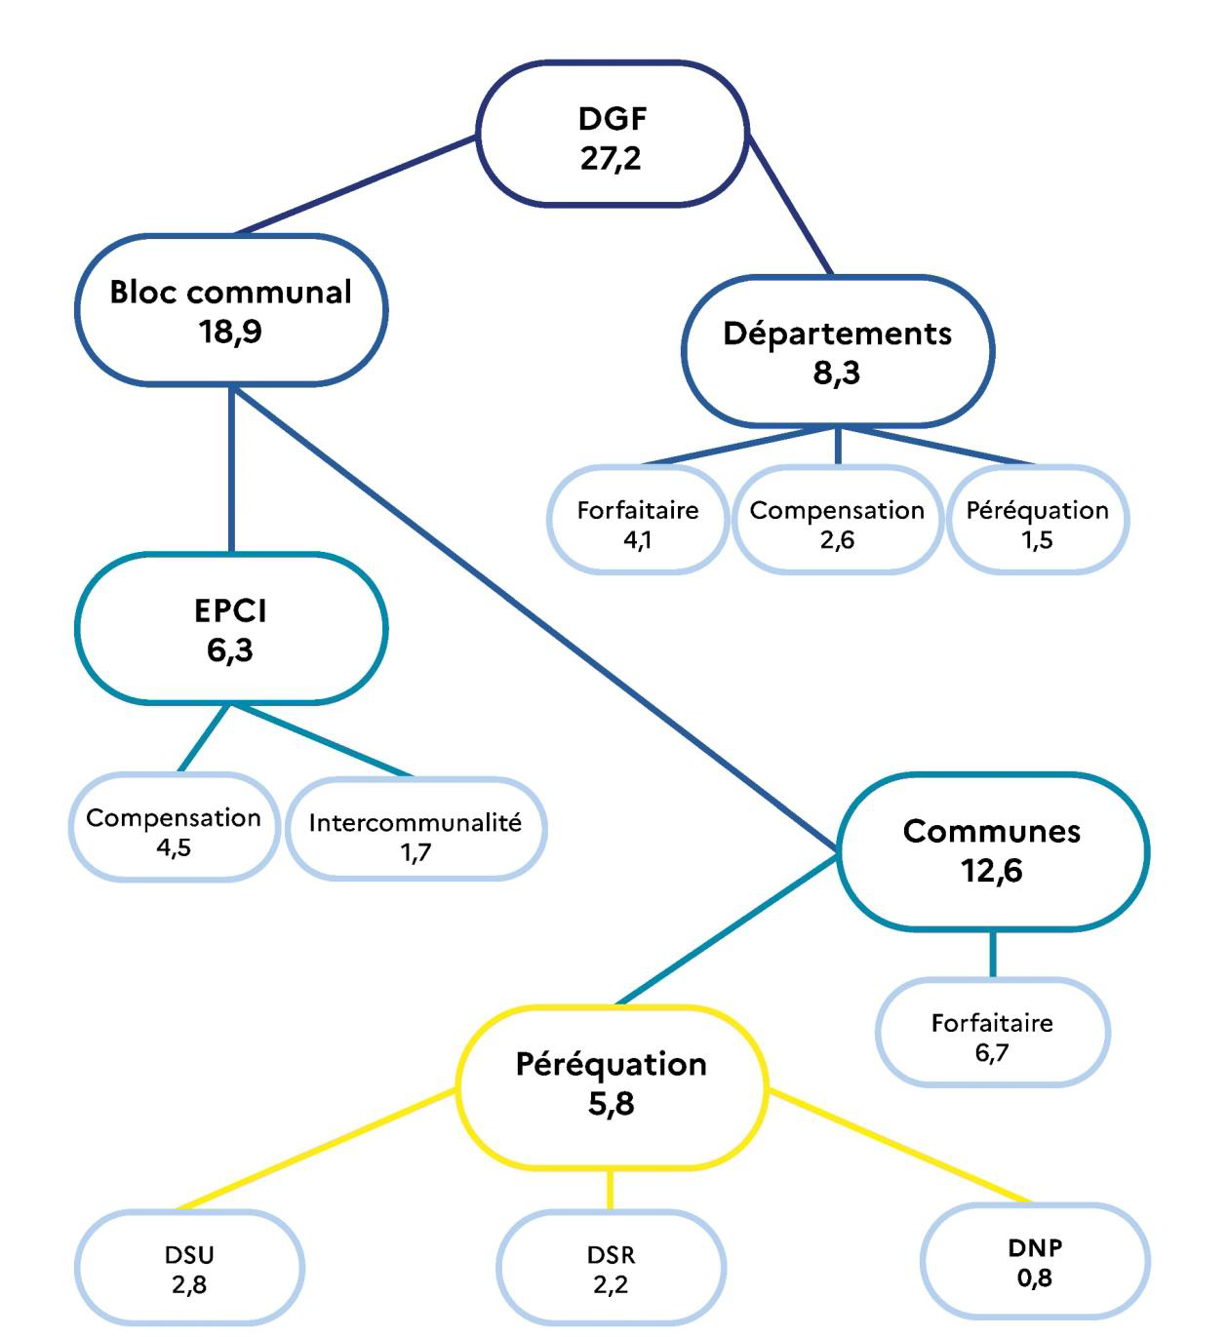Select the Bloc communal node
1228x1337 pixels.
[x=231, y=310]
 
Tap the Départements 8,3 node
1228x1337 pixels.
[x=837, y=351]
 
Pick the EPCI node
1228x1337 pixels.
[x=231, y=629]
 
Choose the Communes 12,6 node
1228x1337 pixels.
[x=992, y=851]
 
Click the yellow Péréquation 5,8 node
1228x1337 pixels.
[x=612, y=1084]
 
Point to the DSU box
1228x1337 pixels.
[x=189, y=1268]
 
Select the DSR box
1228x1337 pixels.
[x=612, y=1268]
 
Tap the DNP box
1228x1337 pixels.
[x=1035, y=1262]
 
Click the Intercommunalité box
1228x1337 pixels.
[x=416, y=836]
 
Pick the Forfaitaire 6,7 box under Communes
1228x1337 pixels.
[x=992, y=1037]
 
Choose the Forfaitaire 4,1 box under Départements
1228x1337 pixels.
[x=638, y=524]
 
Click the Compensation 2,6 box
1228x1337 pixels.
[x=837, y=524]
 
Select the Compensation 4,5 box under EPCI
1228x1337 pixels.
[x=174, y=831]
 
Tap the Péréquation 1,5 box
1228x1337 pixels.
[x=1037, y=524]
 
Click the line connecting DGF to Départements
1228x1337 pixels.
[x=790, y=205]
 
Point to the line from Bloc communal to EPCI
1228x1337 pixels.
[x=231, y=468]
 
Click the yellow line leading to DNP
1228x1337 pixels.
[x=897, y=1147]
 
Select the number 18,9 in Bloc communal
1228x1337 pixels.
[x=231, y=332]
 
